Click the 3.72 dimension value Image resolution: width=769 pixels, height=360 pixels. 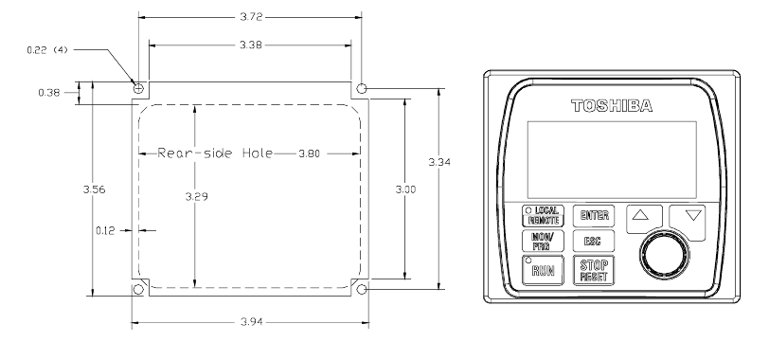251,17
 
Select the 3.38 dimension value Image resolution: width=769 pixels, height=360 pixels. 251,45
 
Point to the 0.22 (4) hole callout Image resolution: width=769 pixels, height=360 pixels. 47,49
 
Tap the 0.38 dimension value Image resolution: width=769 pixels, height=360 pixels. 49,93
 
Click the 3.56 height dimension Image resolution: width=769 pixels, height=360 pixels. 94,189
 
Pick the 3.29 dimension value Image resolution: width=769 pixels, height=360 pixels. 197,197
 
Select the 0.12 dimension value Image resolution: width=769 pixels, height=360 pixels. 105,230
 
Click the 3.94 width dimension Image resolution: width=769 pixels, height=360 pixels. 252,322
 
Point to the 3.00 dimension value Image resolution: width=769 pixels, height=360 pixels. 405,189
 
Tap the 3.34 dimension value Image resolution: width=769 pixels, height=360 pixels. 439,162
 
